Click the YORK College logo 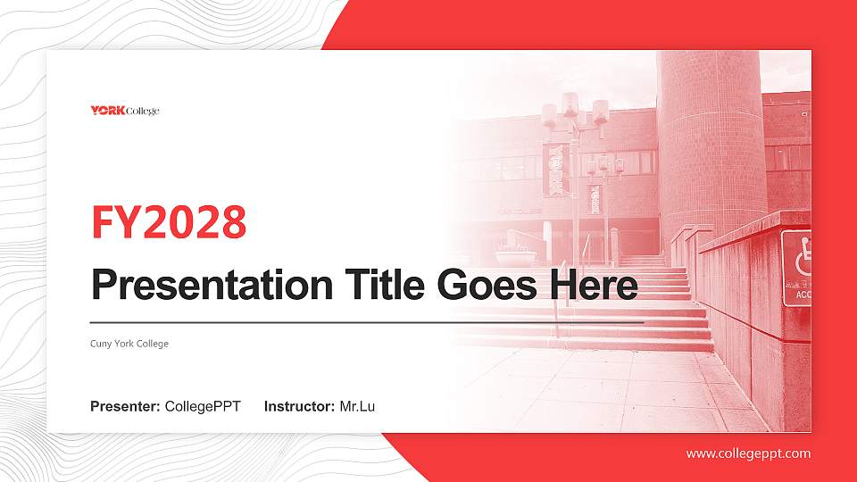click(x=124, y=111)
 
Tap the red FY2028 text click(x=168, y=223)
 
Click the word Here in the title click(x=595, y=286)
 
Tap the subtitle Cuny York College click(x=129, y=344)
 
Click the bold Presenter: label click(x=125, y=407)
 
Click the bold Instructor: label click(x=299, y=407)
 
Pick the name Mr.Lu click(x=357, y=407)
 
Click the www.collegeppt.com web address click(x=748, y=453)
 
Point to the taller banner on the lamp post click(x=555, y=169)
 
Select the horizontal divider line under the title click(x=366, y=321)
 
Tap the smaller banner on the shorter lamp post click(x=595, y=198)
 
